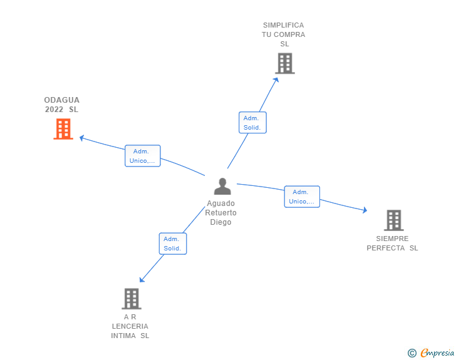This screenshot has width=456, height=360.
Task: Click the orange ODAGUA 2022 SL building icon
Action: tap(63, 129)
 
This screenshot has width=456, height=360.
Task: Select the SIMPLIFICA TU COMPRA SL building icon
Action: tap(285, 63)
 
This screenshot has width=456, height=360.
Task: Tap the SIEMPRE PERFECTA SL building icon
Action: tap(393, 220)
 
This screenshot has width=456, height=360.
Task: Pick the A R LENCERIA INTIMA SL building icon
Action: tap(131, 299)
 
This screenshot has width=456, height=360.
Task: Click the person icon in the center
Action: tap(222, 187)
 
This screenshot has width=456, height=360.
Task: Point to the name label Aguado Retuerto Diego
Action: tap(221, 213)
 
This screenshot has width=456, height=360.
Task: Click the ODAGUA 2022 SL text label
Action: tap(62, 105)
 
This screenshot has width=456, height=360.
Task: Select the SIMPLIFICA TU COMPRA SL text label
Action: tap(284, 34)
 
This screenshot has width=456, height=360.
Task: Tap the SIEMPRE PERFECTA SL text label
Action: tap(392, 243)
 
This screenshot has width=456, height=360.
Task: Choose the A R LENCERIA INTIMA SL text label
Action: tap(130, 326)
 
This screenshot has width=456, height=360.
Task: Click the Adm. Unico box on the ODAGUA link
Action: tap(143, 156)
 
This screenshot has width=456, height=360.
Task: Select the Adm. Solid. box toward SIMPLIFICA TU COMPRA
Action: tap(252, 123)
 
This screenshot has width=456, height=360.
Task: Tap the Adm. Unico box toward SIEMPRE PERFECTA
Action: tap(302, 197)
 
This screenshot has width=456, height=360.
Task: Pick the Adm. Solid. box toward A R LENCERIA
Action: tap(172, 244)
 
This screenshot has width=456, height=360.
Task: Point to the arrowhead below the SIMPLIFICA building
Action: tap(276, 78)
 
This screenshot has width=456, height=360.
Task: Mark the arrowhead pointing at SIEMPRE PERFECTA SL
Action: tap(365, 210)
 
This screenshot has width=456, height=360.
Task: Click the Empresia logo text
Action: tap(437, 352)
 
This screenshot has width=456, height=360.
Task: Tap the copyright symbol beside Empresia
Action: tap(412, 353)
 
